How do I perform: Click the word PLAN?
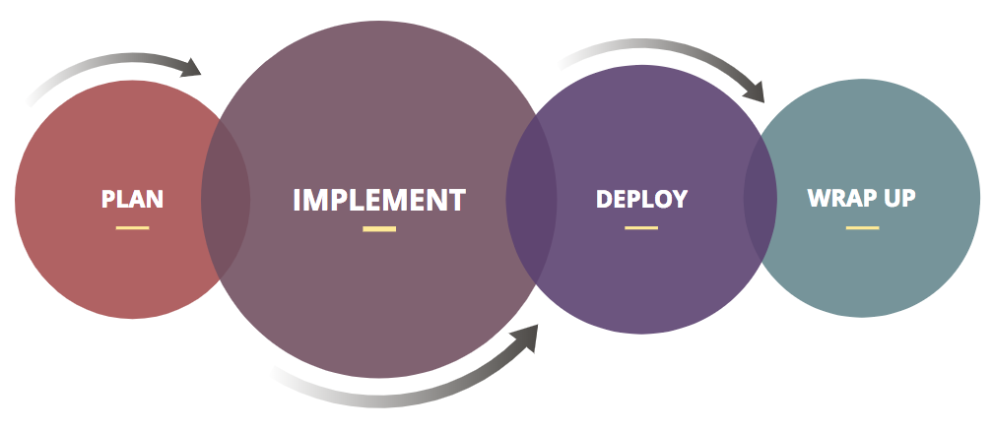[132, 199]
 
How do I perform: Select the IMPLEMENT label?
[378, 200]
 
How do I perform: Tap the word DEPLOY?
[641, 199]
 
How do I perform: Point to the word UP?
[898, 198]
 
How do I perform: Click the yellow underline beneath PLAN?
[132, 227]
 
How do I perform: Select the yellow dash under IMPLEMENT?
[379, 229]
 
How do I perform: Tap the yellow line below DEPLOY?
[641, 227]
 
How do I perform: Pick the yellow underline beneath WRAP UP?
[862, 227]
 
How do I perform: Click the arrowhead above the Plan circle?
[191, 67]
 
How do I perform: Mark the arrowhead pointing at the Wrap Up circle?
[754, 92]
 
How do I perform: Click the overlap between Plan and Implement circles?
[226, 200]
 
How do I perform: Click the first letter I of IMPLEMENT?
[297, 200]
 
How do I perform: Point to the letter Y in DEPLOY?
[679, 199]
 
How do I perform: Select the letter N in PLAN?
[155, 199]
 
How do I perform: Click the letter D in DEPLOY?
[604, 199]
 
